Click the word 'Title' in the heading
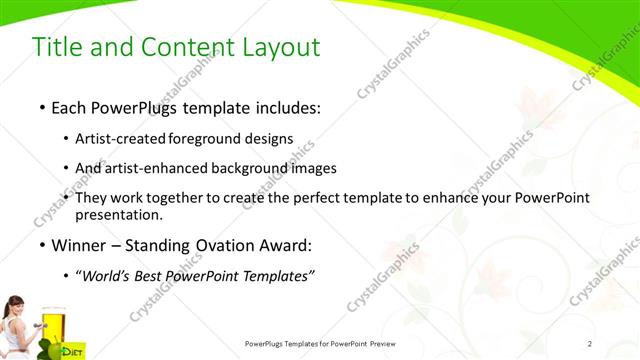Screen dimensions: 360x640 [x=57, y=47]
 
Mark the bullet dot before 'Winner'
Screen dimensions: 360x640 [x=41, y=245]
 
